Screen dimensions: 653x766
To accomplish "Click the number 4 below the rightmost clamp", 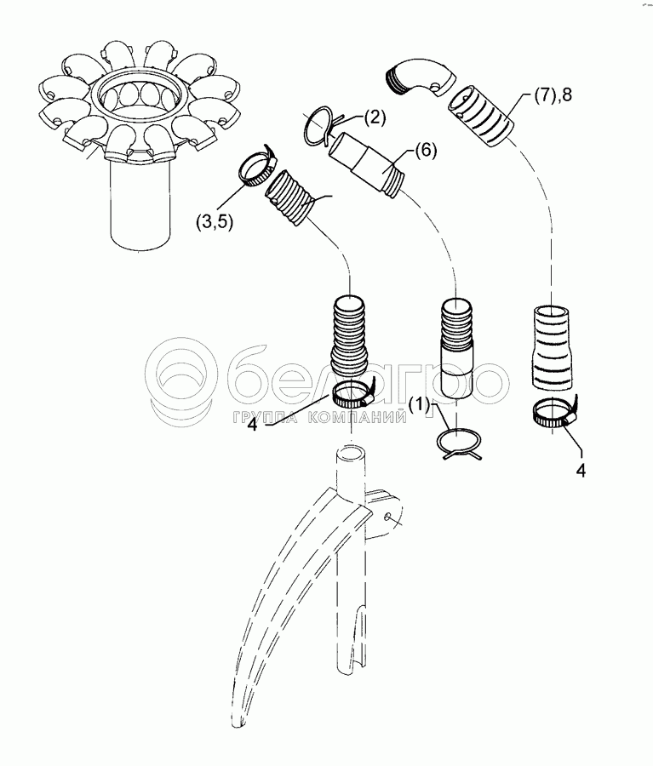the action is click(581, 471).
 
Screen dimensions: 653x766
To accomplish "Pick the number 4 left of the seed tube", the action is click(252, 424).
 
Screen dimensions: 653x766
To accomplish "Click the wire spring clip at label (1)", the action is click(459, 443).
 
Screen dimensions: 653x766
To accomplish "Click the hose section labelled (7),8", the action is click(481, 116).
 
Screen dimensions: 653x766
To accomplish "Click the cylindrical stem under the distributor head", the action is click(139, 205).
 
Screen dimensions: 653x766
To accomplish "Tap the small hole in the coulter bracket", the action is click(387, 517).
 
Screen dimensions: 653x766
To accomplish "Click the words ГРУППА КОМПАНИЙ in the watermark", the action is click(320, 417).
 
